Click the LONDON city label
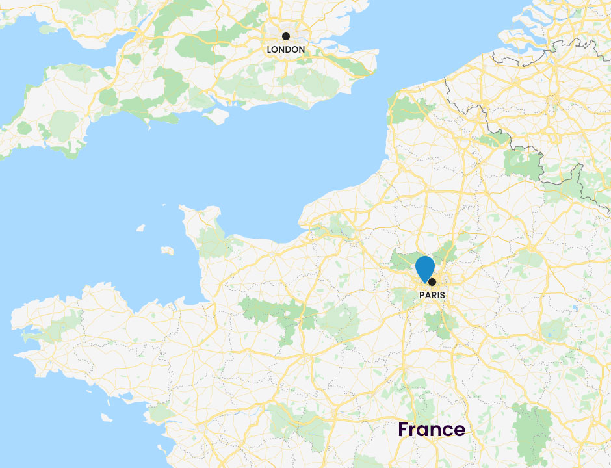285,49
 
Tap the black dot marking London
285,36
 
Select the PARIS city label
432,294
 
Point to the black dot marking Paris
432,282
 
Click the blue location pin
424,268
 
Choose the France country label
432,430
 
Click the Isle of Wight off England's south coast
215,116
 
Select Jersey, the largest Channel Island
168,250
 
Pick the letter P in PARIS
422,294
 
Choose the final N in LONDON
301,49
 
